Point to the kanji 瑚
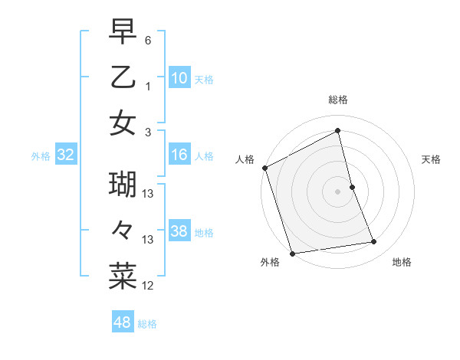123,185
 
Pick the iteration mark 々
123,231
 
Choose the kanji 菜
123,277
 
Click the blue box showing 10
179,77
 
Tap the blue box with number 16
179,155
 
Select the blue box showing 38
179,231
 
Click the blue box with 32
66,155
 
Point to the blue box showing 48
123,322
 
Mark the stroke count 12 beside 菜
148,286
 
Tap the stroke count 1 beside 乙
148,86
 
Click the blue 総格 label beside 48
147,324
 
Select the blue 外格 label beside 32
41,156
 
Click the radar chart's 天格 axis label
432,159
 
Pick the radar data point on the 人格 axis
264,168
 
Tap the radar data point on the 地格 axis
374,242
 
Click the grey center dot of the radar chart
337,191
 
